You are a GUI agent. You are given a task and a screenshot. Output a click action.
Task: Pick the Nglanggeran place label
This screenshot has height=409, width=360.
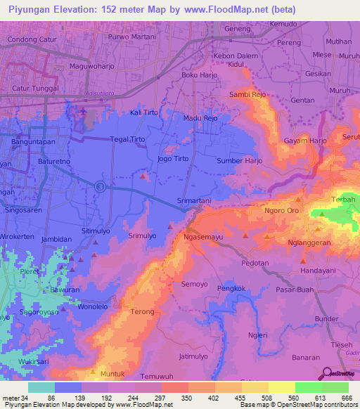click(312, 242)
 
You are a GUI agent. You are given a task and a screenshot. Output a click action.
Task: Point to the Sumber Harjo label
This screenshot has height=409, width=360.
click(240, 161)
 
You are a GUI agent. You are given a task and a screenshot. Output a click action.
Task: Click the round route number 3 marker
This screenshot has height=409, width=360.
click(101, 186)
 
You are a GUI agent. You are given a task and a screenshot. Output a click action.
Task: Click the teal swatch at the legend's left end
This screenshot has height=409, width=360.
click(41, 387)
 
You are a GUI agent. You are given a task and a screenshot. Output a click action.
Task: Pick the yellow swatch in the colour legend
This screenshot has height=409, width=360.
click(281, 387)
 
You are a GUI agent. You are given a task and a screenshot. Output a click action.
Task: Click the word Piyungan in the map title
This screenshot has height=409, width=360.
click(29, 10)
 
